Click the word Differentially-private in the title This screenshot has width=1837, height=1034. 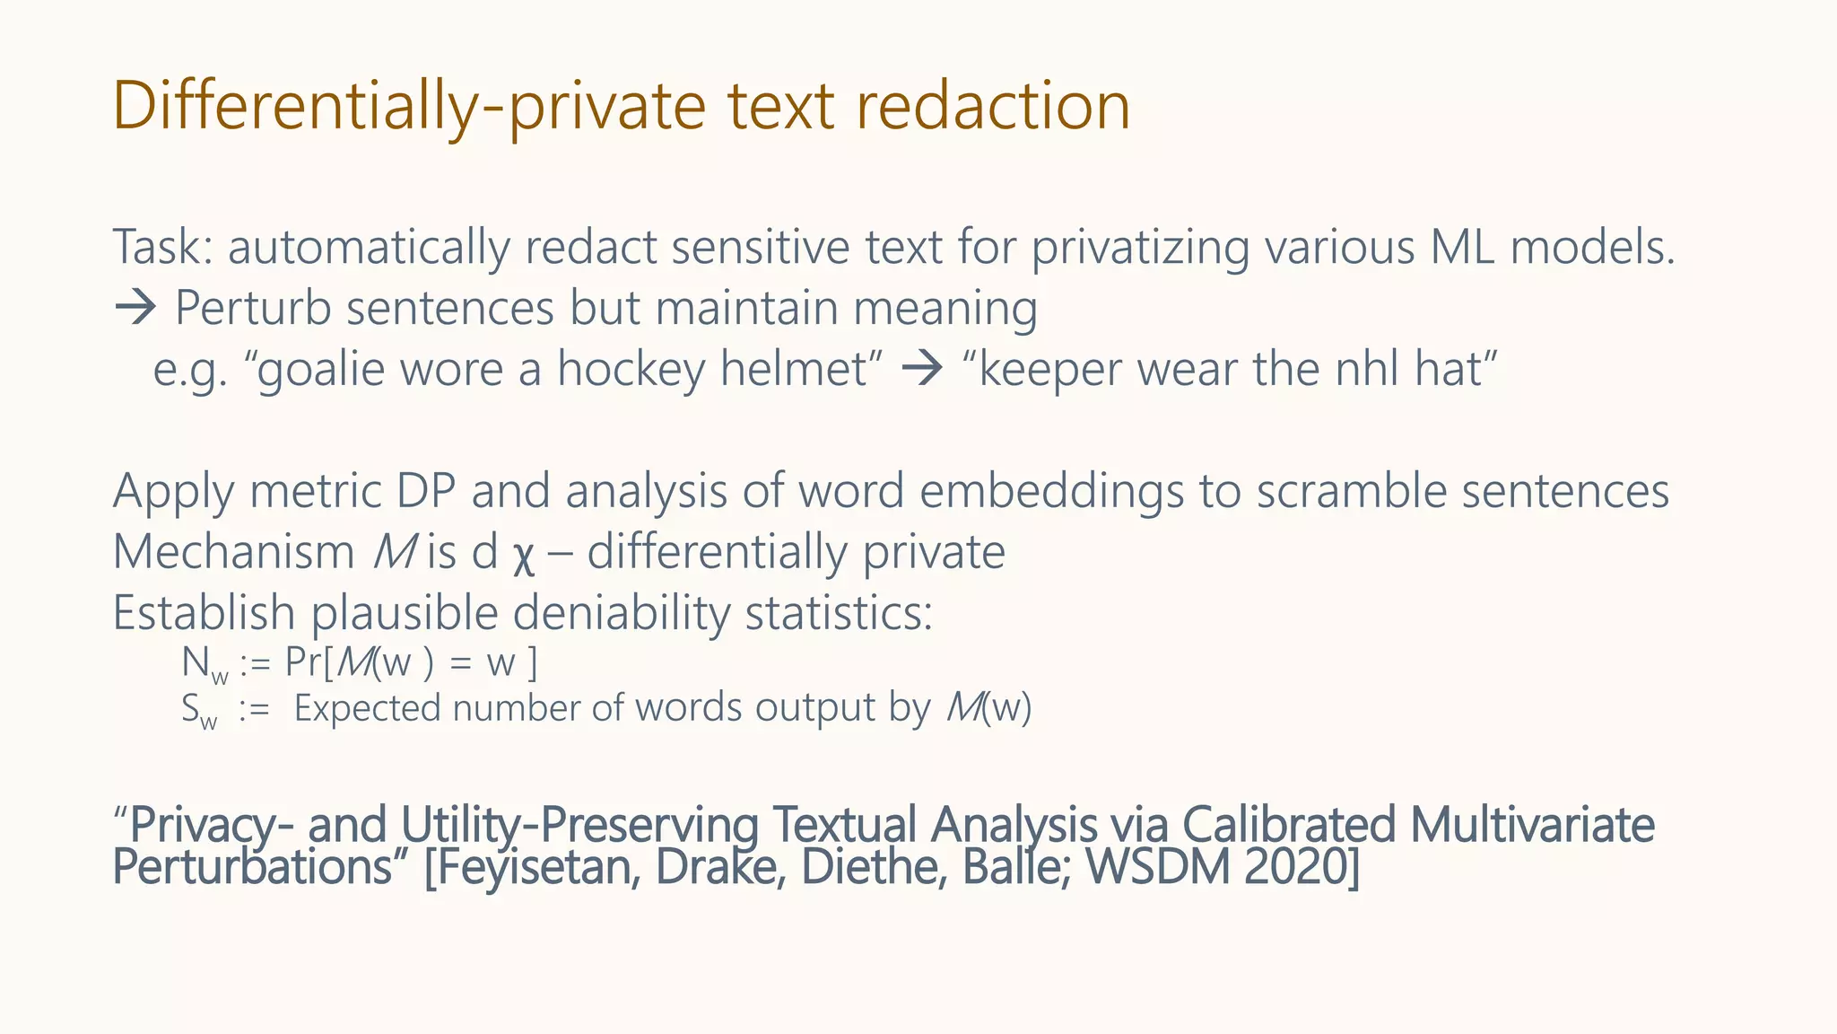(409, 106)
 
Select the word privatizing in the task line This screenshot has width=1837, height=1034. (1139, 247)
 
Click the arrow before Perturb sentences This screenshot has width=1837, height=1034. (135, 309)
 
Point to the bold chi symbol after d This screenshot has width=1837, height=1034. (524, 555)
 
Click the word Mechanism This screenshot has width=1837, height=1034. (233, 552)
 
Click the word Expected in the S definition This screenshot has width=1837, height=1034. (367, 709)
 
